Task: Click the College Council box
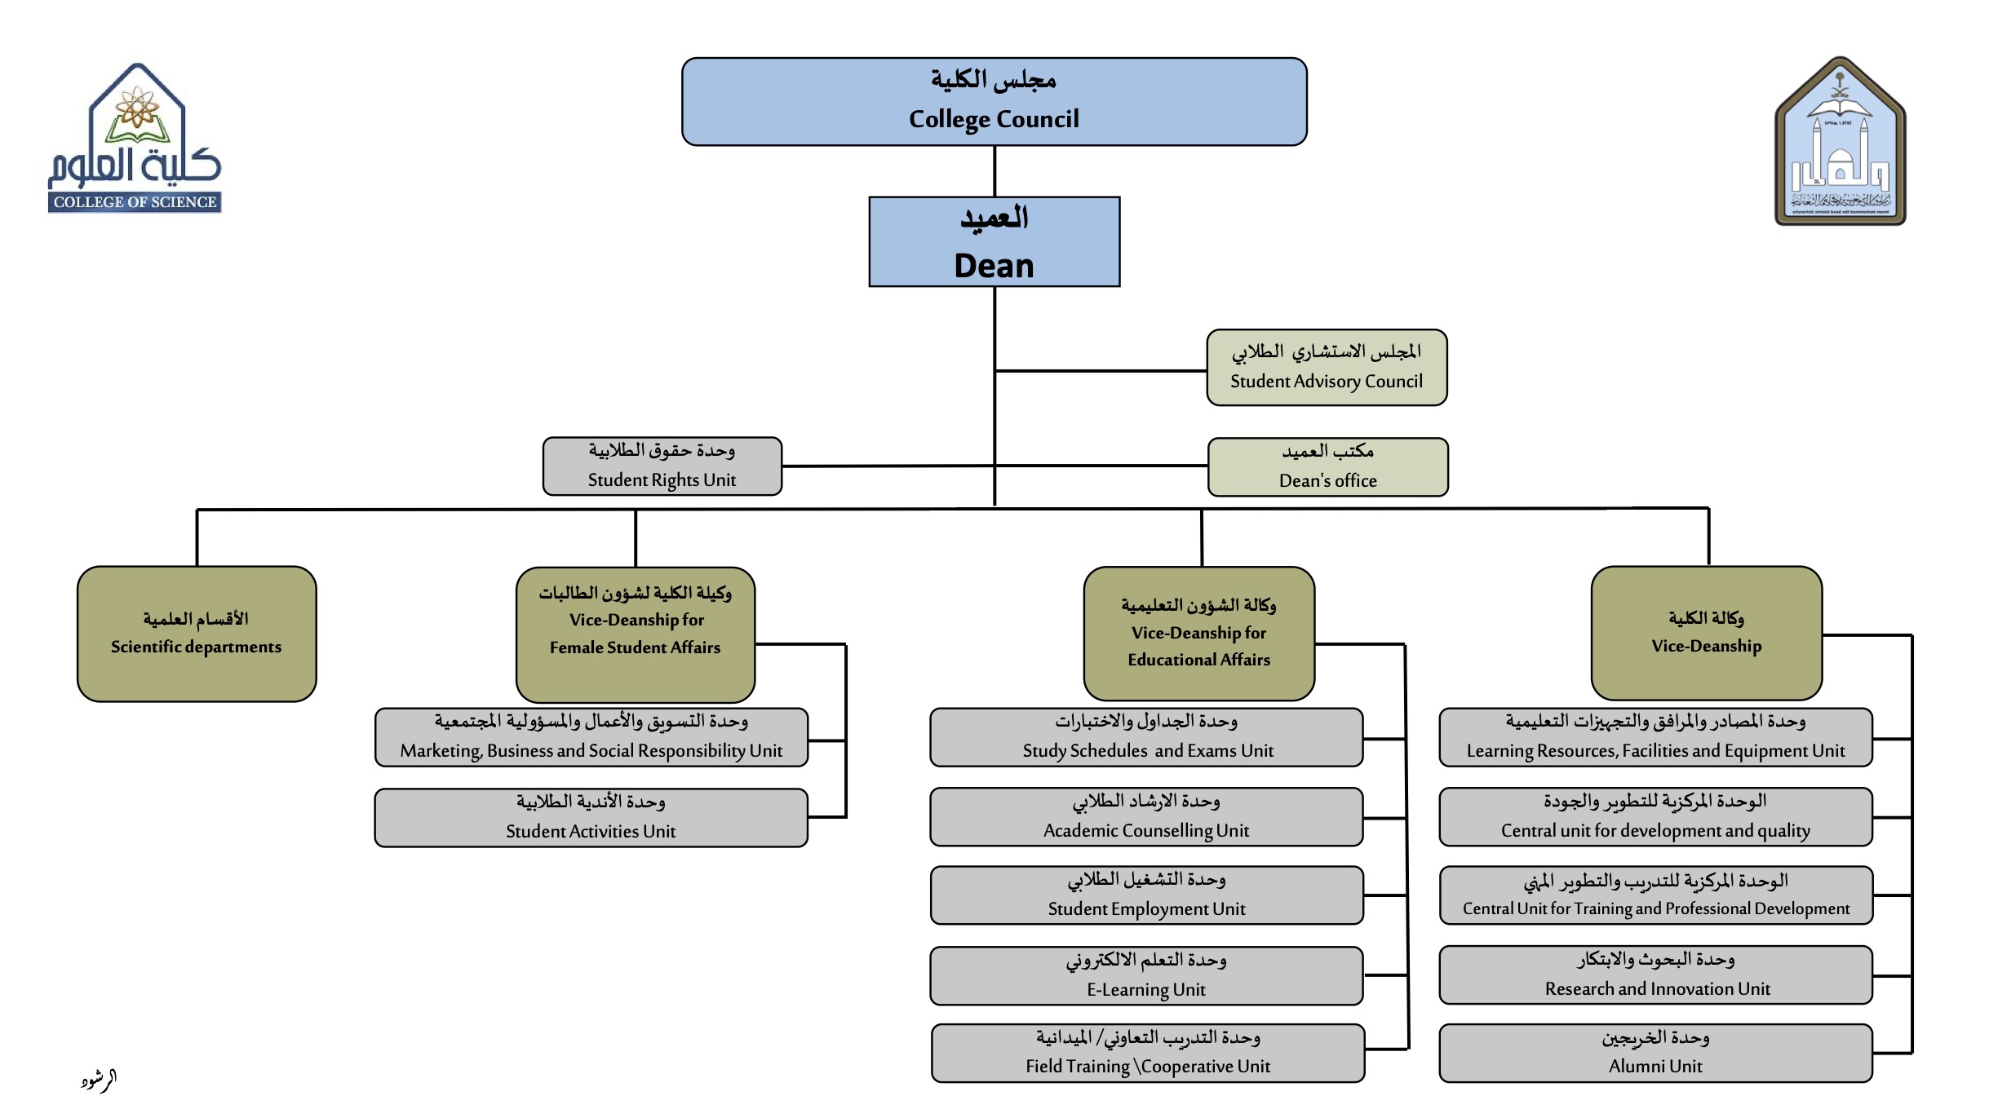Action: coord(994,102)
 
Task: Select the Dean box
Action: coord(994,242)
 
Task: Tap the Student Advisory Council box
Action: coord(1327,367)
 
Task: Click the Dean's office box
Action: coord(1327,466)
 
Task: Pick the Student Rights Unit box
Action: coord(662,466)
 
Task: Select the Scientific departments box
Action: coord(197,634)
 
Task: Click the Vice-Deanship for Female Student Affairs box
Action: coord(635,634)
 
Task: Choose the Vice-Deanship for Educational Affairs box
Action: coord(1198,634)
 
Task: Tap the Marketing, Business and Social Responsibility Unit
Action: coord(591,737)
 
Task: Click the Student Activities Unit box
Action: coord(591,817)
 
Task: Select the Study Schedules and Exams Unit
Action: coord(1146,737)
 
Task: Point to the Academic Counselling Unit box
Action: coord(1146,816)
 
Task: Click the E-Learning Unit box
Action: coord(1146,975)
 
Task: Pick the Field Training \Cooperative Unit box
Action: coord(1147,1053)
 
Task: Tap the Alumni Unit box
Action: coord(1655,1053)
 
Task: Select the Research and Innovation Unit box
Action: coord(1655,974)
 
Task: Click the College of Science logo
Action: coord(135,139)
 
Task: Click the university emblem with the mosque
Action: coord(1840,141)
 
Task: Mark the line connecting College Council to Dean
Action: coord(994,171)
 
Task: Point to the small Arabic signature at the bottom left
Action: coord(99,1080)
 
